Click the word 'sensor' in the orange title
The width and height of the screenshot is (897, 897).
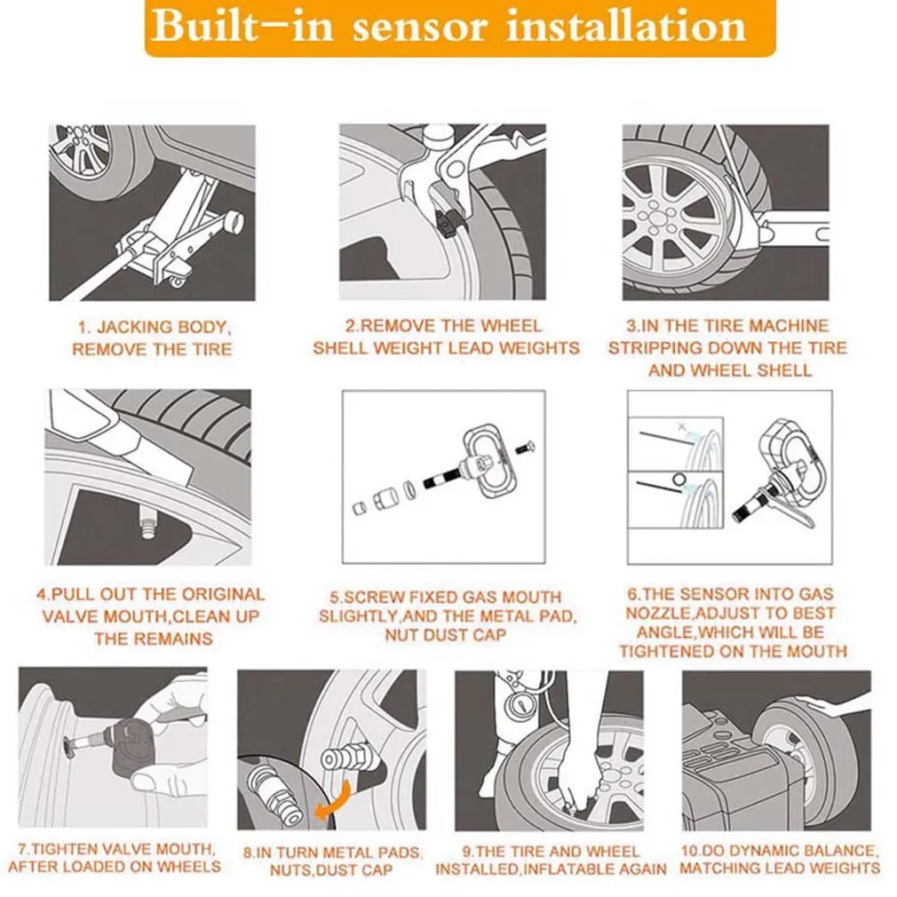pyautogui.click(x=421, y=27)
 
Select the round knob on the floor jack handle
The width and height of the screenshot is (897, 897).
pyautogui.click(x=234, y=221)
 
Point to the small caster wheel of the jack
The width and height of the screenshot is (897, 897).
pyautogui.click(x=178, y=281)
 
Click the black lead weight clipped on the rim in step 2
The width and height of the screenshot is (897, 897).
pyautogui.click(x=448, y=223)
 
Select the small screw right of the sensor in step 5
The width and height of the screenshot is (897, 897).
pyautogui.click(x=525, y=448)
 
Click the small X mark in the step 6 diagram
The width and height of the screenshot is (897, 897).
pyautogui.click(x=681, y=426)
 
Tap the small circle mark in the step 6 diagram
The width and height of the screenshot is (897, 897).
pyautogui.click(x=679, y=478)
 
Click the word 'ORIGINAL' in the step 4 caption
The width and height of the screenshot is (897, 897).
pyautogui.click(x=224, y=594)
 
